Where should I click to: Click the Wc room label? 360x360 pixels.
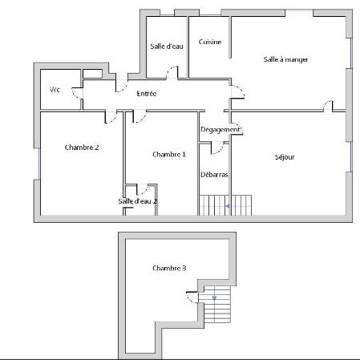pyautogui.click(x=55, y=90)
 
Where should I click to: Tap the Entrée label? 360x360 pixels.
pyautogui.click(x=147, y=94)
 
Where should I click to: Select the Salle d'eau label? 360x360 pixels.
pyautogui.click(x=167, y=47)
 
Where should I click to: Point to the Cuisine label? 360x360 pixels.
pyautogui.click(x=210, y=42)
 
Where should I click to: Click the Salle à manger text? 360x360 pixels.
pyautogui.click(x=285, y=59)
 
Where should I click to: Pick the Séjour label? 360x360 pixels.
pyautogui.click(x=285, y=157)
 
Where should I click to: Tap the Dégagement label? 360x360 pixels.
pyautogui.click(x=220, y=130)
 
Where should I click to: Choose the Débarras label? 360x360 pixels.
pyautogui.click(x=214, y=175)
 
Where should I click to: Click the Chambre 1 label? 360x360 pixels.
pyautogui.click(x=169, y=154)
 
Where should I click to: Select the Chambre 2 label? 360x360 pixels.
pyautogui.click(x=82, y=148)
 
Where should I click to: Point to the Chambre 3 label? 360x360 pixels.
pyautogui.click(x=169, y=268)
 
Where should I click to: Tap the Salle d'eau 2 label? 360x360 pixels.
pyautogui.click(x=138, y=201)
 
